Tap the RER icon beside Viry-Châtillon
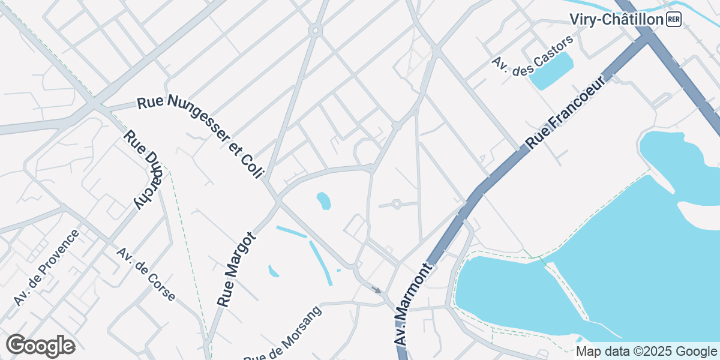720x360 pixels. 673,20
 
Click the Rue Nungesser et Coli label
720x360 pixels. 200,137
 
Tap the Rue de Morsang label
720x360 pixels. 282,334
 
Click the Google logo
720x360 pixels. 41,346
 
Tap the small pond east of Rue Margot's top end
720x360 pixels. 324,200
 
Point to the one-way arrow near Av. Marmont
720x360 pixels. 376,290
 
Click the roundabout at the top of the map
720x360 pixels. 314,29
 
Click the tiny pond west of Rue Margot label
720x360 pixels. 274,271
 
